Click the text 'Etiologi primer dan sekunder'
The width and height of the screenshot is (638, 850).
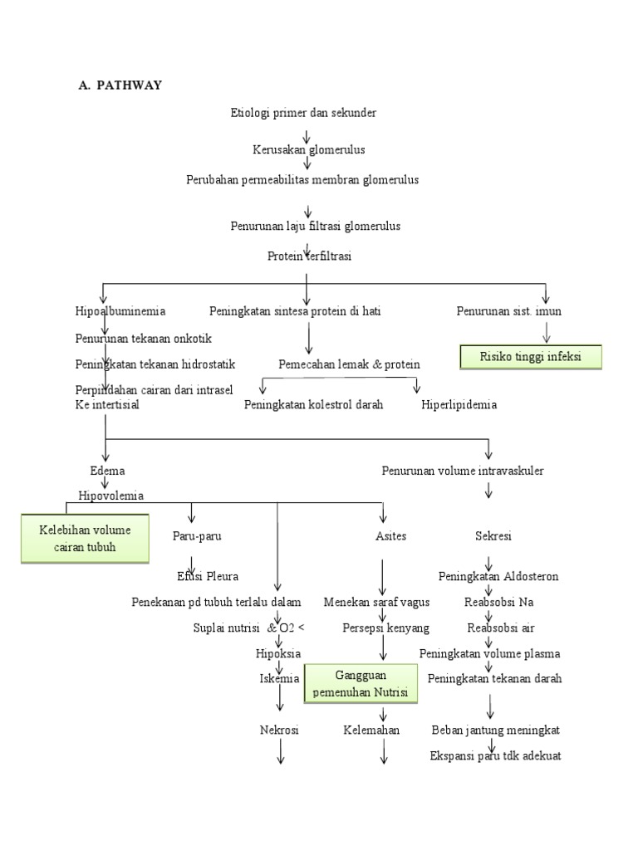tap(303, 112)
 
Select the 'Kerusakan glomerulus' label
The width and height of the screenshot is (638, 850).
tap(309, 149)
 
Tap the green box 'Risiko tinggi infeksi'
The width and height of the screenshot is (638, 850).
tap(531, 357)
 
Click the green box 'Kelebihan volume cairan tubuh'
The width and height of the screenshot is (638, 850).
tap(85, 538)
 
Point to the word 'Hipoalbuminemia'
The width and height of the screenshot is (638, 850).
tap(120, 311)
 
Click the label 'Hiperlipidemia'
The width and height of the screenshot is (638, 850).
tap(459, 404)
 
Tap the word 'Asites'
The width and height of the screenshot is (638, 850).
tap(390, 536)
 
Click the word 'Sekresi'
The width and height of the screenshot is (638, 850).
tap(493, 536)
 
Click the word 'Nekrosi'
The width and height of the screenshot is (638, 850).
tap(278, 730)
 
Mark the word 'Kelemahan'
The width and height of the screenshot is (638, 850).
tap(371, 730)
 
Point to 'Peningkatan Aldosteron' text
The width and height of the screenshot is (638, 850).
tap(498, 576)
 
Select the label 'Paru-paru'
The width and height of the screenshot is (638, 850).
tap(197, 536)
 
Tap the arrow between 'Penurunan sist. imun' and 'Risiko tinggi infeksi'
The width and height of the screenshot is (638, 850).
tap(547, 332)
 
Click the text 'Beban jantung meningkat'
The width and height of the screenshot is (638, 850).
tap(495, 730)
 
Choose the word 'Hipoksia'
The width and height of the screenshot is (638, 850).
tap(277, 653)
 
